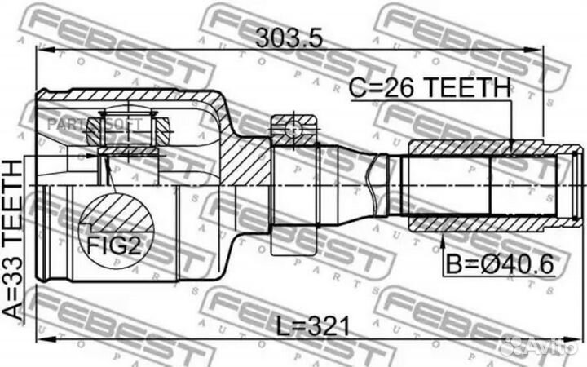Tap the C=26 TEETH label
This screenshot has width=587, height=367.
pos(430,87)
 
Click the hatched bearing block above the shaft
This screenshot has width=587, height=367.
pos(295,128)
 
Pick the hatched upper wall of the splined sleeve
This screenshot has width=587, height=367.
pos(481,148)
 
